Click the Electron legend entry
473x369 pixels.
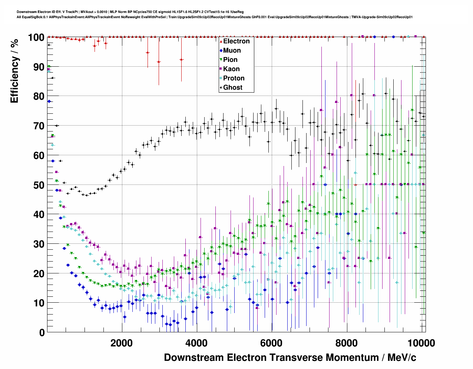click(236, 41)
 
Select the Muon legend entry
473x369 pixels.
click(232, 50)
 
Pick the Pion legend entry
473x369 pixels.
click(230, 60)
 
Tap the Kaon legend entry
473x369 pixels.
click(231, 69)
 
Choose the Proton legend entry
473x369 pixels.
click(234, 78)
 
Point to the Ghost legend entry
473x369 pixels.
click(232, 87)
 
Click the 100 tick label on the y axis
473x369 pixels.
click(36, 37)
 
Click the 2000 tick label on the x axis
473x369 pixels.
click(122, 343)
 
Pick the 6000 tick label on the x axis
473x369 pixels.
click(272, 343)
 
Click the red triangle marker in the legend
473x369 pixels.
click(221, 41)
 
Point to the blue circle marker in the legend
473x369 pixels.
click(221, 50)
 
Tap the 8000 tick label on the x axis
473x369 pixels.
click(347, 343)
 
